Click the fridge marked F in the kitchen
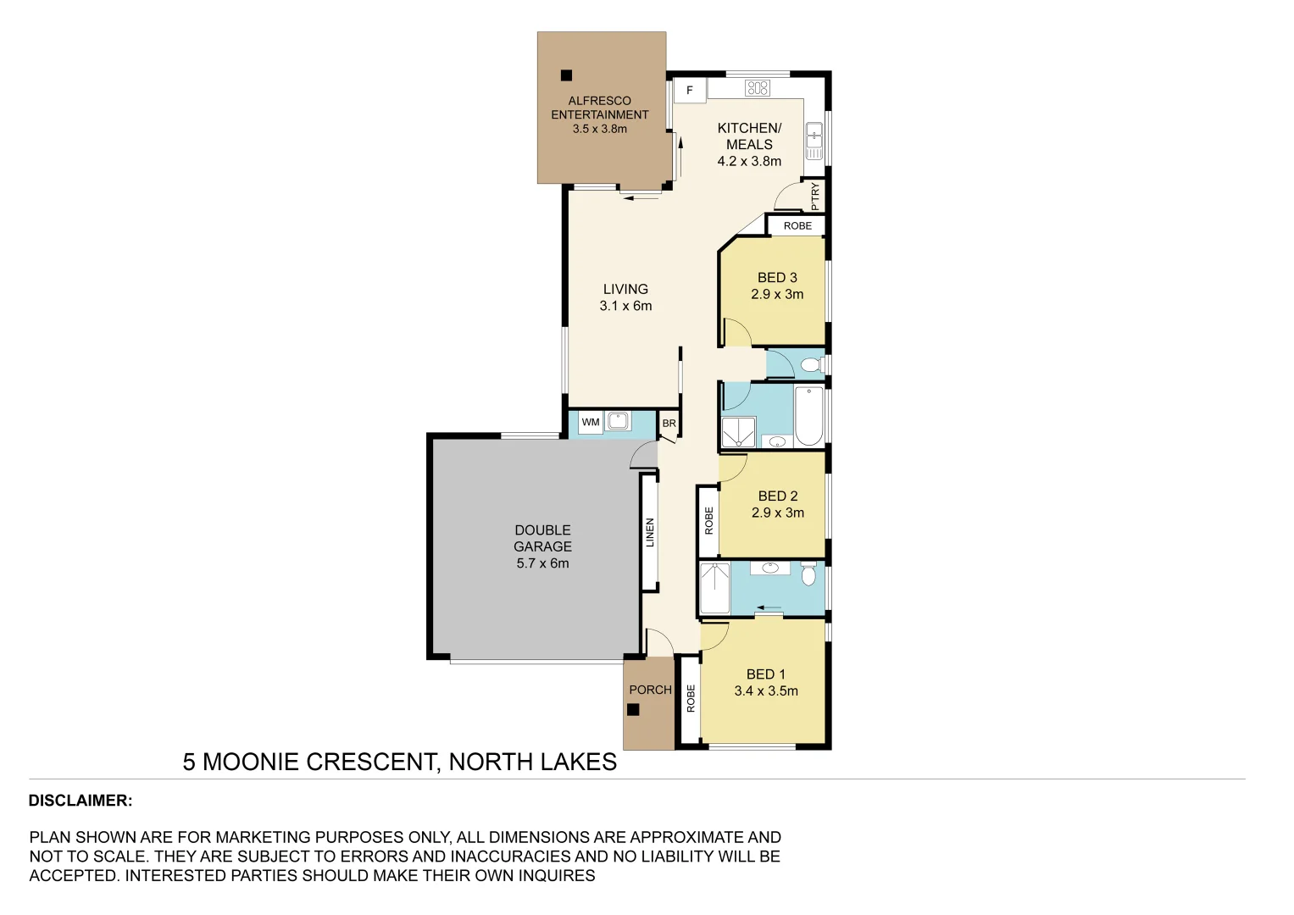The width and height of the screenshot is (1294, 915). pos(690,90)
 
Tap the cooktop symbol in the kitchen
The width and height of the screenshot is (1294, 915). pos(757,87)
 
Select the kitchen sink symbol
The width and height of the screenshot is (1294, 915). pos(814,141)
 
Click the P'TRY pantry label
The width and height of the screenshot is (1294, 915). pos(815,197)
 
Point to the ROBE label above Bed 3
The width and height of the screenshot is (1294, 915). pos(797,226)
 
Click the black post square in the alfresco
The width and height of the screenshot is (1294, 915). pos(566,75)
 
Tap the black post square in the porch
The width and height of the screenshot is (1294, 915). pos(633,710)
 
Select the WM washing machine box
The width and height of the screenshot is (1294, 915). pos(591,422)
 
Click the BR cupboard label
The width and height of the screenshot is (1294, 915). pos(669,424)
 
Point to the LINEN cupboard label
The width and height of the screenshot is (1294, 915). pos(650,533)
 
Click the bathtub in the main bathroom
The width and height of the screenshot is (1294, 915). pos(808,415)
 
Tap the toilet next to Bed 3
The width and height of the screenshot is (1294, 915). pos(811,365)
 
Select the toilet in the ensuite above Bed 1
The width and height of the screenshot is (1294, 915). pos(808,574)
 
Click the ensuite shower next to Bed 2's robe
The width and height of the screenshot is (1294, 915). pos(714,588)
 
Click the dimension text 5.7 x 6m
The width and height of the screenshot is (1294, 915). pos(542,563)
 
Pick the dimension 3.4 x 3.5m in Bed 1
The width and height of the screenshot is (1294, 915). pos(766,691)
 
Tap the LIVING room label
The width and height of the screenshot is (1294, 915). pos(625,289)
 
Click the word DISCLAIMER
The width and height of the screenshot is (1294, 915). pos(80,801)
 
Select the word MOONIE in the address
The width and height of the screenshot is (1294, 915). pos(251,762)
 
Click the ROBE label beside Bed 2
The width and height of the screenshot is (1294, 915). pos(708,520)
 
